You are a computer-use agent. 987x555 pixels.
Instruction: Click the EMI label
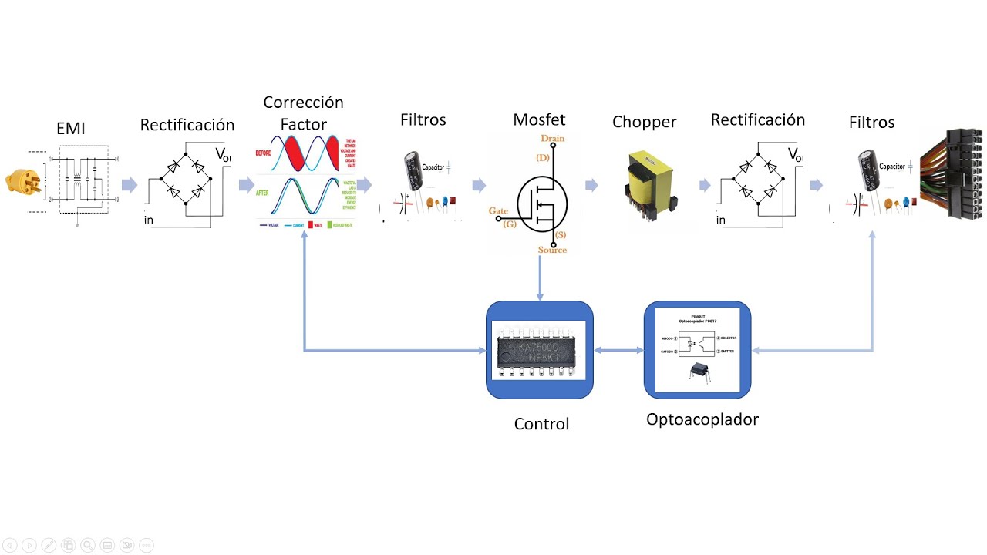[71, 129]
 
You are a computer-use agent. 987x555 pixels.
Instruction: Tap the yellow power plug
[23, 182]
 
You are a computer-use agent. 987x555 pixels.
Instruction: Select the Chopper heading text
[644, 122]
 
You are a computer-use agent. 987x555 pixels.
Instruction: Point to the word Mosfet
[539, 119]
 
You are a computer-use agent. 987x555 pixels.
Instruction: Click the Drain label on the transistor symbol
[552, 139]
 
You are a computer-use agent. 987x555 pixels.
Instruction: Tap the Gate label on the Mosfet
[498, 210]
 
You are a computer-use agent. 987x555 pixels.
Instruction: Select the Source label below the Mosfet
[552, 250]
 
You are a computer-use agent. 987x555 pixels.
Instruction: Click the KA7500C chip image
[539, 351]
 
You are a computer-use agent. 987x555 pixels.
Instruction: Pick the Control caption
[541, 424]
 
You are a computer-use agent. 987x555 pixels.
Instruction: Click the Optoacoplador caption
[702, 420]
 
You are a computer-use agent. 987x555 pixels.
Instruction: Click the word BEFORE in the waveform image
[264, 153]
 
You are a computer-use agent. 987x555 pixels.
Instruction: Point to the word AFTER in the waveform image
[263, 193]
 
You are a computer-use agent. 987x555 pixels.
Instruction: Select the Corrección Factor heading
[303, 113]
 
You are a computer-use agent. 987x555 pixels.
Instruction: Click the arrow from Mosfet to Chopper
[591, 185]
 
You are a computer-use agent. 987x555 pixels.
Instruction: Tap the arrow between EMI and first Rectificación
[130, 185]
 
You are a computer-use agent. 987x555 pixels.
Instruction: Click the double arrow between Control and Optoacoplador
[618, 351]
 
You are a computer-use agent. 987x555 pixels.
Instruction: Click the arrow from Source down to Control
[540, 277]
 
